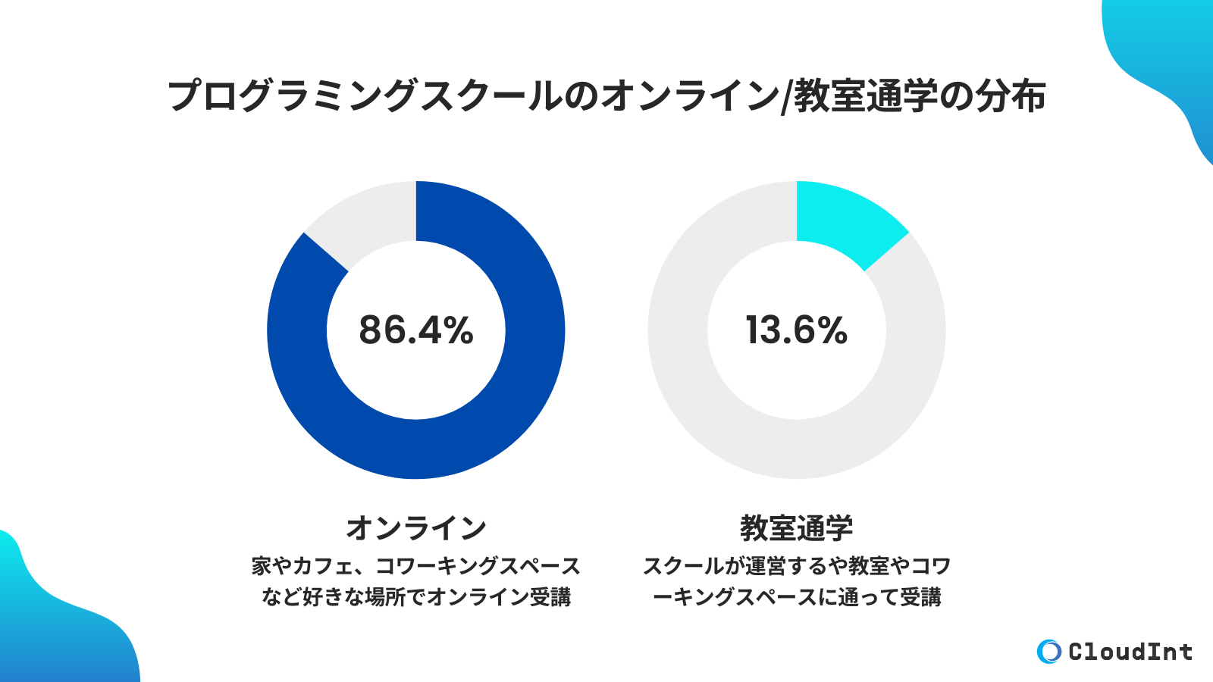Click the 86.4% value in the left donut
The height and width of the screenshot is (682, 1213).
pos(415,330)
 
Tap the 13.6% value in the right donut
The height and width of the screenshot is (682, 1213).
pos(796,330)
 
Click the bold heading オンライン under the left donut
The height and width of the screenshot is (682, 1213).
pos(415,528)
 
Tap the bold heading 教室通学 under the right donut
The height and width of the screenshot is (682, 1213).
pos(796,528)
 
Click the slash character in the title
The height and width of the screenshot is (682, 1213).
pos(785,97)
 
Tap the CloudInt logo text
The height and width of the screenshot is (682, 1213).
pos(1130,652)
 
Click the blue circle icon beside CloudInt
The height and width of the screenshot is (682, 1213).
pos(1049,652)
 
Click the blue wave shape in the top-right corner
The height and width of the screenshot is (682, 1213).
pos(1168,61)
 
